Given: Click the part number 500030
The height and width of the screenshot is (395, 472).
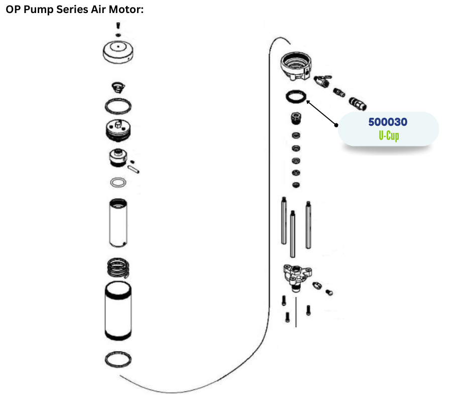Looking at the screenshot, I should (388, 122).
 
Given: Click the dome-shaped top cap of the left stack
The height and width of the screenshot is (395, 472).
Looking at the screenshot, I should (117, 52).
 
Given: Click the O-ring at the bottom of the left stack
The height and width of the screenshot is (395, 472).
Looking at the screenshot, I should (119, 359).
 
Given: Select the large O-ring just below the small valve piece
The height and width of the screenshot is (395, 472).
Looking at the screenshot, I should (119, 106).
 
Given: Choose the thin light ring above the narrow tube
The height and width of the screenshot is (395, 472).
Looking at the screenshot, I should (119, 182).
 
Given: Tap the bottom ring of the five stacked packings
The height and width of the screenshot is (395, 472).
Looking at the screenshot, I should (296, 185).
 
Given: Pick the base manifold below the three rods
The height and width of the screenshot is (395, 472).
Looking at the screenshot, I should (296, 275).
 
